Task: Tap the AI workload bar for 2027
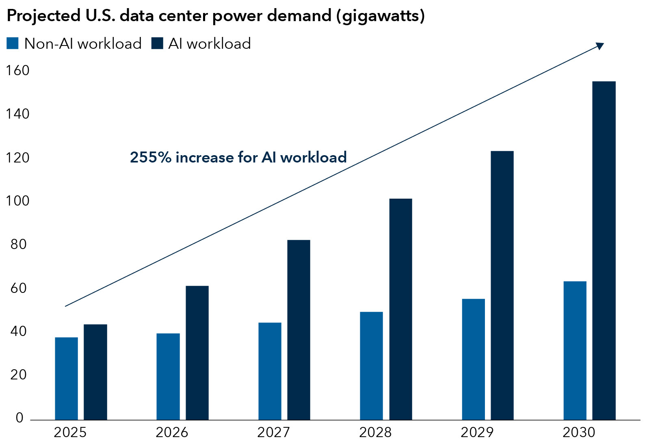pos(299,330)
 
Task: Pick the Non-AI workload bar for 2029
pos(473,359)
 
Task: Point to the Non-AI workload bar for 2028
pos(371,366)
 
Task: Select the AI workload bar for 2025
pos(95,372)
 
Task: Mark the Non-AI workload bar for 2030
pos(575,350)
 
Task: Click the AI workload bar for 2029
pos(502,285)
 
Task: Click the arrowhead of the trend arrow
pos(600,46)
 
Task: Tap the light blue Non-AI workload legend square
pos(13,43)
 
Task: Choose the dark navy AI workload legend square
pos(157,43)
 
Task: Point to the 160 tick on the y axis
pos(17,71)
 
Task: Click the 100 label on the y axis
pos(17,201)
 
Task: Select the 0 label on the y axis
pos(19,418)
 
